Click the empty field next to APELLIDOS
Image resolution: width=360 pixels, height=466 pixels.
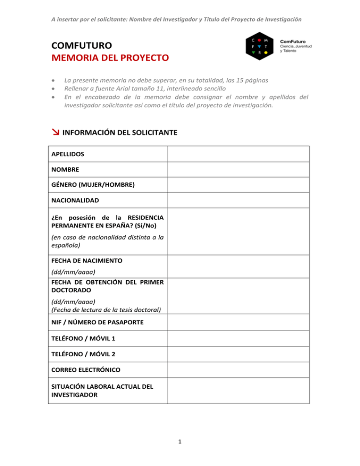(238, 154)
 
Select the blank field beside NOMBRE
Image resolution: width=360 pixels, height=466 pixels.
(238, 169)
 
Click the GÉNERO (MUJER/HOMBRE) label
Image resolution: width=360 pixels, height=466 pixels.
(93, 185)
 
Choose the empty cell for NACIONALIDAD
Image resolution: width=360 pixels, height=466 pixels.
(238, 200)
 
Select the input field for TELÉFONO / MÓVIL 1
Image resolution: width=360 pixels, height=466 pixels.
(238, 338)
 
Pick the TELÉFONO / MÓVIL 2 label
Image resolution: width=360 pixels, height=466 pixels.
(83, 354)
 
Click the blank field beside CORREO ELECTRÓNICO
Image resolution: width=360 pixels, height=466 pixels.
(238, 370)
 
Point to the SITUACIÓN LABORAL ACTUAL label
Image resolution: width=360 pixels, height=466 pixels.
(102, 386)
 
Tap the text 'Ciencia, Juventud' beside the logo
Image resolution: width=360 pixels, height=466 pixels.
(296, 46)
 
